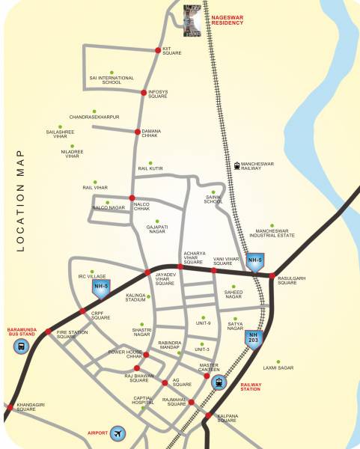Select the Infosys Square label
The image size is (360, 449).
[x=158, y=94]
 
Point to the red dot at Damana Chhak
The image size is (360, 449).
[x=137, y=132]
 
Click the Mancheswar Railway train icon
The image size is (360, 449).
[x=237, y=166]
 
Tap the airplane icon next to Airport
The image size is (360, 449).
[x=118, y=433]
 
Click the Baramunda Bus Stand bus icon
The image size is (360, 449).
[x=20, y=346]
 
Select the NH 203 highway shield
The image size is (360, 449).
[x=257, y=339]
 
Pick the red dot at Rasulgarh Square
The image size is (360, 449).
[x=271, y=275]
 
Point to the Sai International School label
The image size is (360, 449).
[x=112, y=79]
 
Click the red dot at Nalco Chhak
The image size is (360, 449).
[x=132, y=198]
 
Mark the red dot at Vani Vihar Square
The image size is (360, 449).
[x=213, y=270]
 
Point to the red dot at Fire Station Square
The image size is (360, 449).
[x=49, y=332]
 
